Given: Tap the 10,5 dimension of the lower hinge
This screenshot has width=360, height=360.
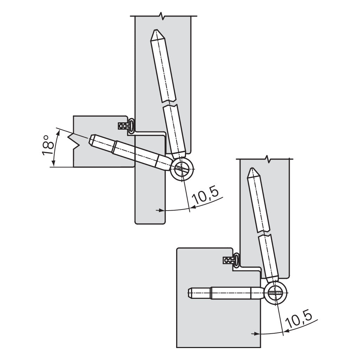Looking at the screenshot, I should point(299,319).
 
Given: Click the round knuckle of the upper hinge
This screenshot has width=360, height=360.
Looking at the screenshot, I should point(182,169).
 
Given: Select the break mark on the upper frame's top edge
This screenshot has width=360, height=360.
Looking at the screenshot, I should point(161,16).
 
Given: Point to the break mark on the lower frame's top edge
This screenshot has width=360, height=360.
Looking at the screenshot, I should point(268,159).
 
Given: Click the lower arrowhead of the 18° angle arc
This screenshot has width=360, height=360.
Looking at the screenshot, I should point(53,165).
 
